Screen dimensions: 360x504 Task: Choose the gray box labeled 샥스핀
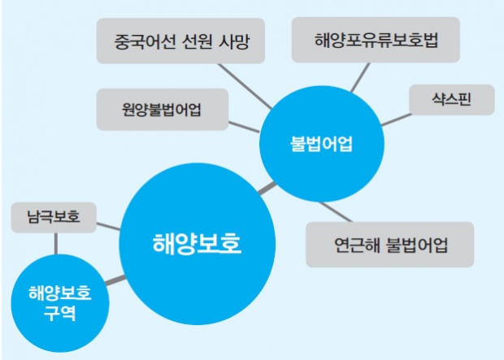(441, 101)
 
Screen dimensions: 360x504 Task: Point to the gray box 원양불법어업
(161, 110)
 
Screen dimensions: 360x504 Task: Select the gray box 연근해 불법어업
(391, 245)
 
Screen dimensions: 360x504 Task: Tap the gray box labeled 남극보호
(54, 218)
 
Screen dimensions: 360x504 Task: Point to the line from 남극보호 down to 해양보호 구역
(55, 242)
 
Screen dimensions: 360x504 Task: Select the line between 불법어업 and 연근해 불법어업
(336, 210)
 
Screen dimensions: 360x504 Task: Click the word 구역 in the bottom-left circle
(59, 313)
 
